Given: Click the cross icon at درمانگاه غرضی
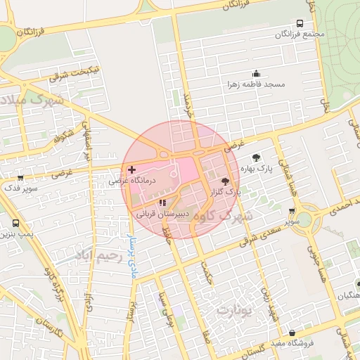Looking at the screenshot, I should (x=132, y=170).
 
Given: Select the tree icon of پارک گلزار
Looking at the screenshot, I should (x=234, y=181).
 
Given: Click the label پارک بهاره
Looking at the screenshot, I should (x=255, y=169).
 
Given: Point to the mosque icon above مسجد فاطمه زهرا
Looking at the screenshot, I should (x=256, y=74).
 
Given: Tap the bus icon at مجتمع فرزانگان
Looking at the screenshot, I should (x=301, y=23).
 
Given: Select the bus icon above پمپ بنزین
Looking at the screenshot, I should (x=15, y=224).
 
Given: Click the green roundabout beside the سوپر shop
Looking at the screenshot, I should (x=308, y=220).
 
